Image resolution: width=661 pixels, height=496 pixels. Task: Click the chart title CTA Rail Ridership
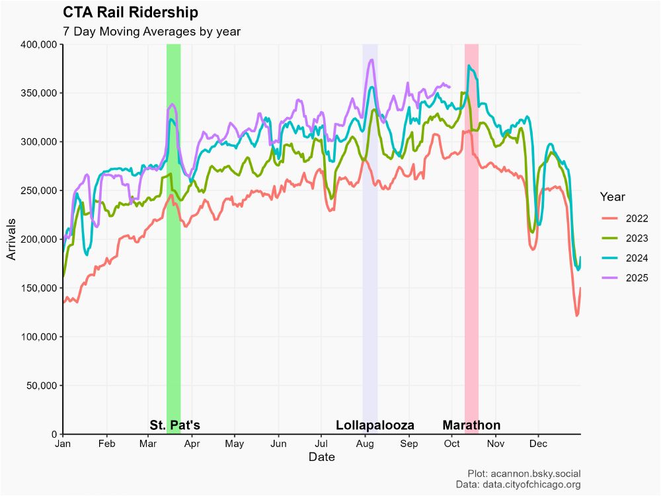[130, 13]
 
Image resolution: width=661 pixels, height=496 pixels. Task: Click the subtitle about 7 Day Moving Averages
[151, 31]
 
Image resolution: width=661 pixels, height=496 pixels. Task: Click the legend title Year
[613, 196]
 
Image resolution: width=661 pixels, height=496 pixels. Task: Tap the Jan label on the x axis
[63, 444]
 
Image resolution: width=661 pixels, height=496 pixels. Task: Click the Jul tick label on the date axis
[321, 444]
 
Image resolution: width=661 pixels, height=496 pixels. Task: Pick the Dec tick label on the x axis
[538, 444]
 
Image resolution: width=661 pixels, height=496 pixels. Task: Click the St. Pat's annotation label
[175, 425]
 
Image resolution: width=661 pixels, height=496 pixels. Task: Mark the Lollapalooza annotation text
[375, 425]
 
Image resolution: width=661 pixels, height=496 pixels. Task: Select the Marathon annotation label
[471, 425]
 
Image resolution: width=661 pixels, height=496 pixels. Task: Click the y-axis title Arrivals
[12, 239]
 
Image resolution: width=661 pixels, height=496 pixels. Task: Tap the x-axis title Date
[321, 458]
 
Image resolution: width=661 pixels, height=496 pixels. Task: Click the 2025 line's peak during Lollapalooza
[372, 60]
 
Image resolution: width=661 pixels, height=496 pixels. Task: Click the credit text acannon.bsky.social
[537, 474]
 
